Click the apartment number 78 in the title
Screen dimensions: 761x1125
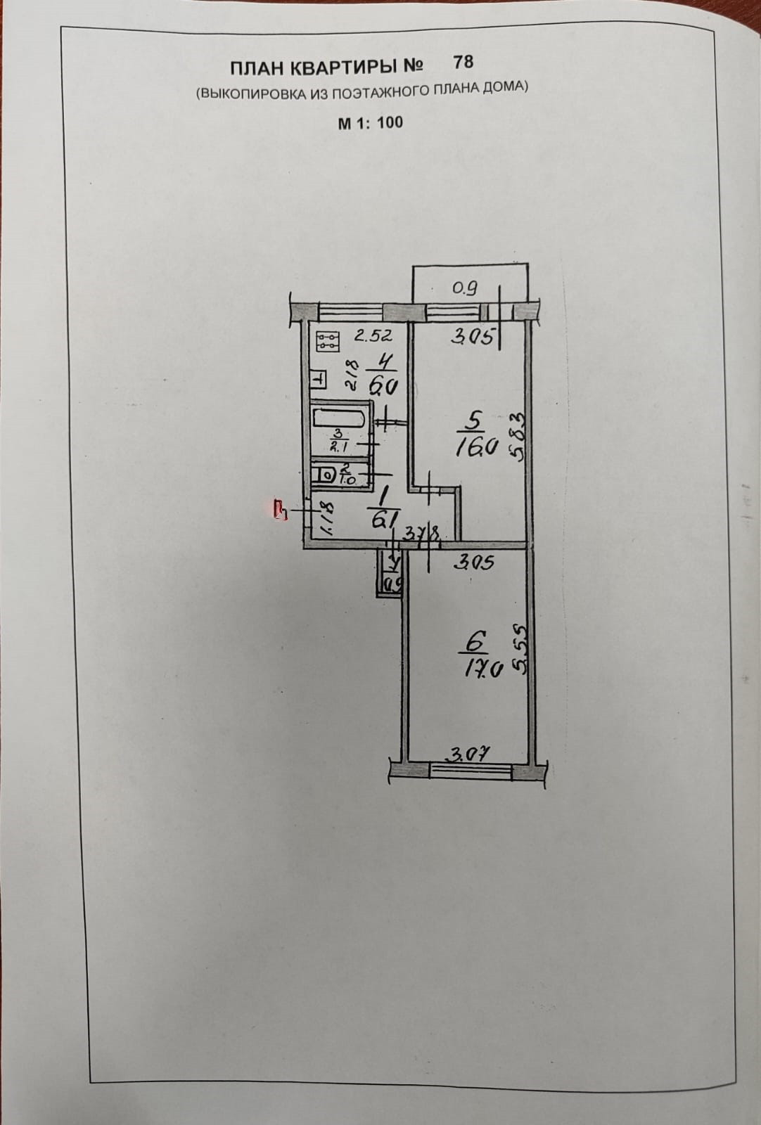coord(463,62)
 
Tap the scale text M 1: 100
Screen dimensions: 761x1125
coord(371,123)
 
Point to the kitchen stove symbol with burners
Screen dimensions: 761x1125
coord(328,342)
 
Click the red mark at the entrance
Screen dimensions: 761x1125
coord(281,509)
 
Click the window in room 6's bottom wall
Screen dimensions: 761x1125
coord(471,771)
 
